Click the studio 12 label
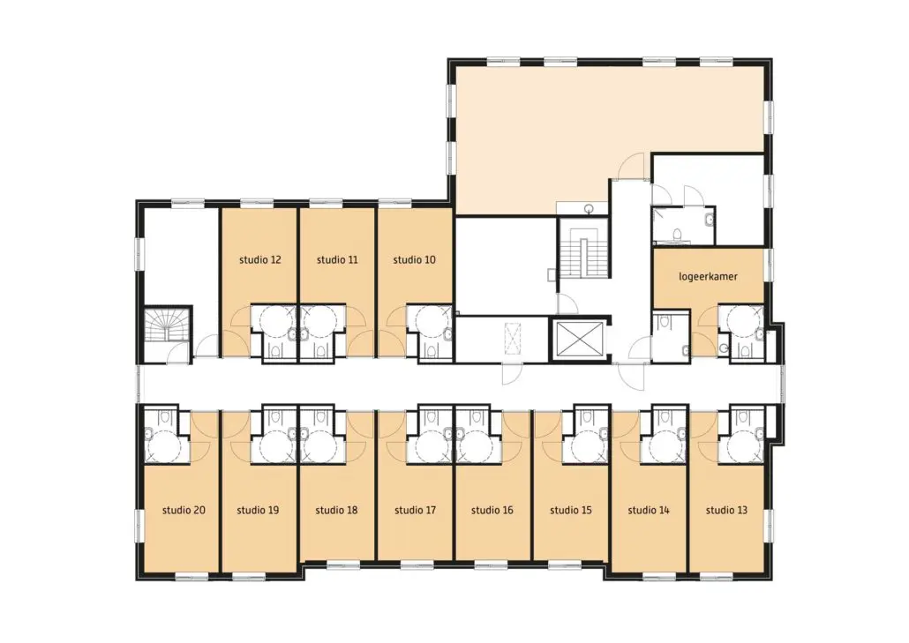(x=259, y=260)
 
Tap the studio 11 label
(x=337, y=260)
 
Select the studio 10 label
(x=414, y=260)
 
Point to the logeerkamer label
(x=708, y=276)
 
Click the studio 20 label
(x=184, y=511)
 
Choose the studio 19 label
(x=258, y=511)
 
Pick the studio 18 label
(x=336, y=511)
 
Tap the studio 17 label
(x=415, y=511)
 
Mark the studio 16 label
(x=492, y=511)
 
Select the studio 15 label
(x=571, y=511)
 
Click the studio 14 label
(x=649, y=511)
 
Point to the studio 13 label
(x=726, y=511)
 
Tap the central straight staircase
(x=582, y=252)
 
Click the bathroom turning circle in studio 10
(x=429, y=321)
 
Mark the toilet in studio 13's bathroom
(x=742, y=417)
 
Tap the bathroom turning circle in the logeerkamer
(x=742, y=321)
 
